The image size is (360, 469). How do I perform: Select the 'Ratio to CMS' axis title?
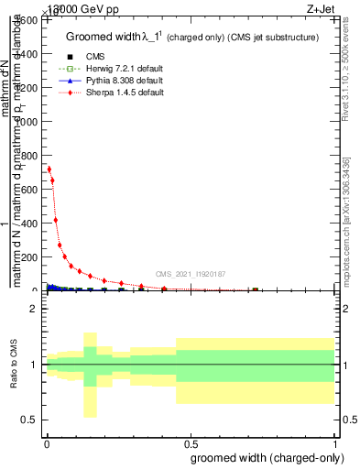coord(15,364)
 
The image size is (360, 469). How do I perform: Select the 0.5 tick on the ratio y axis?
coord(31,420)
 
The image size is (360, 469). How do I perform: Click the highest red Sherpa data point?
coord(49,169)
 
